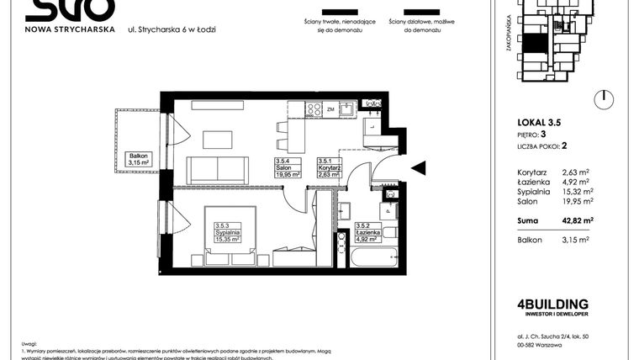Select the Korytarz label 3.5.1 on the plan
(328, 169)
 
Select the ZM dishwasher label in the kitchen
(331, 109)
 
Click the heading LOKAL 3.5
(539, 123)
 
